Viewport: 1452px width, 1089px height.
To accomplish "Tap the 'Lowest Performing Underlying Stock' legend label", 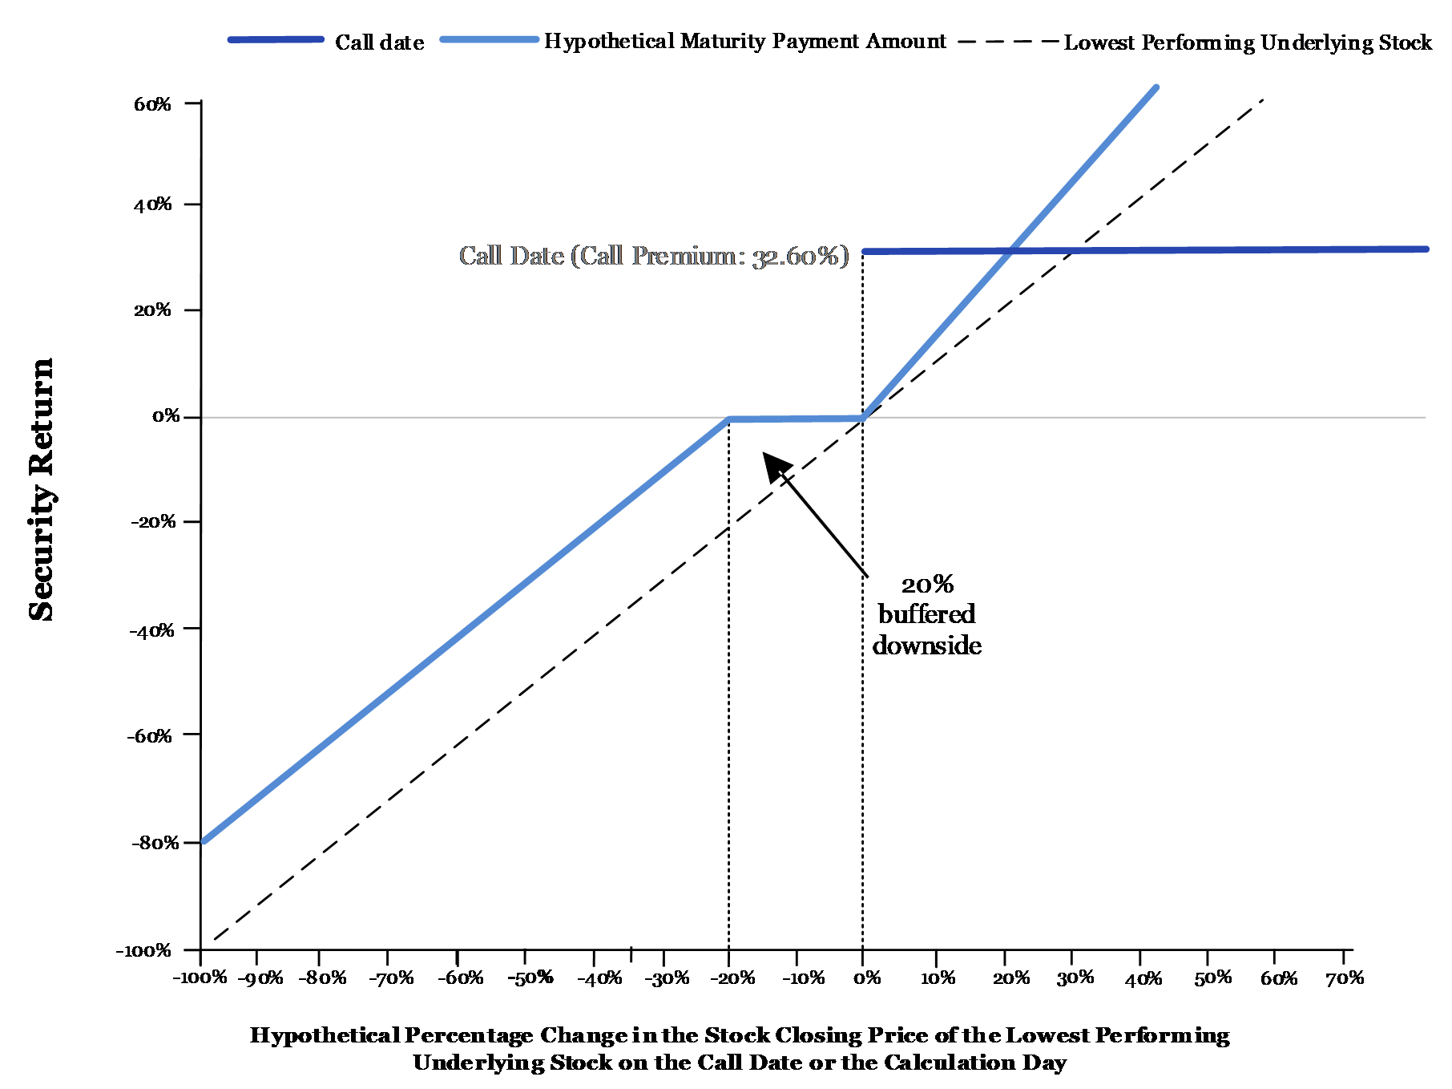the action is pos(1248,43).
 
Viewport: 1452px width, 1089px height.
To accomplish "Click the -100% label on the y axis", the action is pos(144,951).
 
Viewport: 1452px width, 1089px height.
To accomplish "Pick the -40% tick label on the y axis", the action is pos(151,630).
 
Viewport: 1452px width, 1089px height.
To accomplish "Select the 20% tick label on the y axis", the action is pos(153,310).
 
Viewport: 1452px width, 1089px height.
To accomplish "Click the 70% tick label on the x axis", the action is pos(1345,978).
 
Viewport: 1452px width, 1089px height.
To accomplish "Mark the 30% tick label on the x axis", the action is pos(1075,978).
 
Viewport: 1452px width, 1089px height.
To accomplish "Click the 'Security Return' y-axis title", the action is pos(42,490).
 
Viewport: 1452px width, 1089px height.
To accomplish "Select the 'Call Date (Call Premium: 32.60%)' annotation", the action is pos(654,256).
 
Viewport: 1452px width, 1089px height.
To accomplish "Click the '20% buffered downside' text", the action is pos(927,615).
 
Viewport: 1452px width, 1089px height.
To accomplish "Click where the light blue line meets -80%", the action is pos(204,841).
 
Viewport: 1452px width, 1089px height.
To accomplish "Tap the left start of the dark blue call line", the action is pos(865,252).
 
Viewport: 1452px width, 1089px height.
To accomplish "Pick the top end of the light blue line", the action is pos(1156,87).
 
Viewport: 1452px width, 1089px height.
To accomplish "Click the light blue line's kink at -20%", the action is pos(728,419).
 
